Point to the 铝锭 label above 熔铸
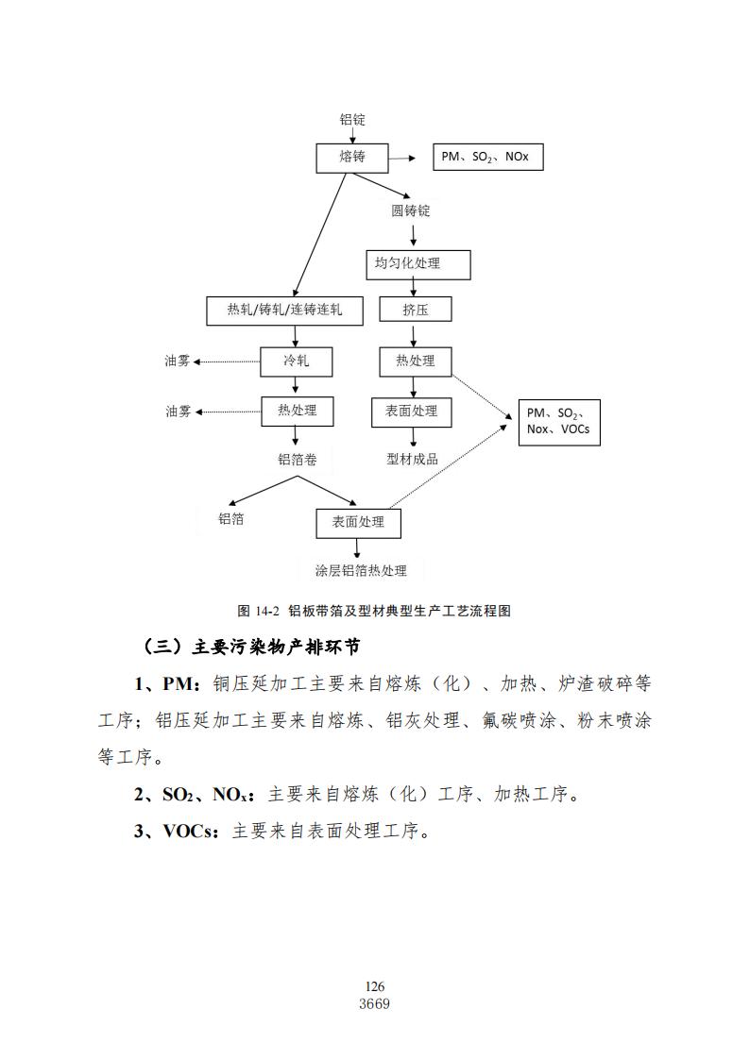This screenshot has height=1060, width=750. pos(352,120)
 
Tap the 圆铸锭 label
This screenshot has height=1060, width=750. pos(411,210)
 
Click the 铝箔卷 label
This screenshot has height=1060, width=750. pos(298,460)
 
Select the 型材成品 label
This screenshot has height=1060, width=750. pos(413,460)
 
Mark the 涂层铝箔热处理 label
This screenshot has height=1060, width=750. pos(361,570)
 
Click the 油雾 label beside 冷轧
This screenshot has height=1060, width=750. pos(178,361)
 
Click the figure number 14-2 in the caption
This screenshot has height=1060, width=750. pos(268,611)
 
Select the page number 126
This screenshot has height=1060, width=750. pos(375,986)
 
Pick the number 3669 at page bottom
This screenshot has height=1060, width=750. pos(375,1004)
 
